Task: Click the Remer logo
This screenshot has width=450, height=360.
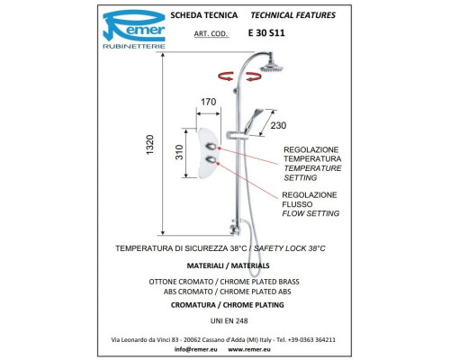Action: [134, 29]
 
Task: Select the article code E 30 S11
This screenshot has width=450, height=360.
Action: [266, 32]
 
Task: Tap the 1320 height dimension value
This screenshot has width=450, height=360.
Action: [149, 145]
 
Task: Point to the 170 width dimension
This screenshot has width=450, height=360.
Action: [209, 102]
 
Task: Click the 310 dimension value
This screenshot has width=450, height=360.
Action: [179, 152]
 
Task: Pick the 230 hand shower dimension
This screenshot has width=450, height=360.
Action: [278, 125]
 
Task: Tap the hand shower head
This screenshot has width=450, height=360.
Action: [255, 120]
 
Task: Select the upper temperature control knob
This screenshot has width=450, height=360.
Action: [211, 147]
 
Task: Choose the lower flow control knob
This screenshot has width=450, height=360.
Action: [211, 160]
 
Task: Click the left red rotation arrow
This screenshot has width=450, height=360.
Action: [226, 76]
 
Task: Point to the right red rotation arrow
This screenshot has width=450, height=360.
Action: [254, 76]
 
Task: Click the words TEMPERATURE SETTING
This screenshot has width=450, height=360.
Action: [312, 173]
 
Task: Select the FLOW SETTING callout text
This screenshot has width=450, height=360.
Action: [310, 213]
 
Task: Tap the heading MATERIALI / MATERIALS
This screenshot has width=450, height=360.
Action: [228, 265]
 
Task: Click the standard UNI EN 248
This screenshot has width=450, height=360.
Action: [229, 321]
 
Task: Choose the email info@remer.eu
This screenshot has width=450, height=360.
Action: [195, 349]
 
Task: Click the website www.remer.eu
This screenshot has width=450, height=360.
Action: [249, 349]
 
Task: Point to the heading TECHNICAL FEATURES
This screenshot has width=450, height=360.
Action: [293, 15]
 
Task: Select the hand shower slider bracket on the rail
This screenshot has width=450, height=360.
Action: [237, 136]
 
